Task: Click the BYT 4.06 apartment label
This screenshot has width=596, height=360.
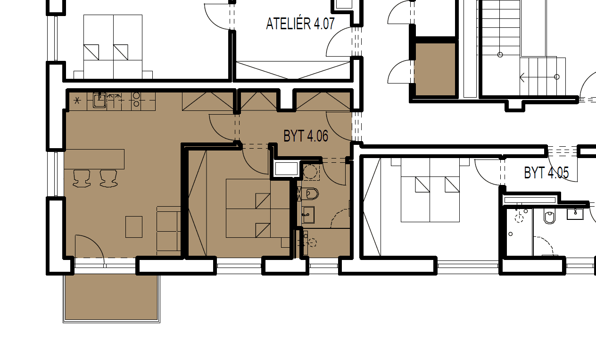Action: point(306,136)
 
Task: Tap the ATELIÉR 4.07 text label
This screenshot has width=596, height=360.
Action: point(300,24)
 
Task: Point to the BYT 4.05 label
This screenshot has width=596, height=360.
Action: point(546,173)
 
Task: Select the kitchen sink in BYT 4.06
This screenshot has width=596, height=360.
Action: point(99,100)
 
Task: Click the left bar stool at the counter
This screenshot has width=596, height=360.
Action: point(82,178)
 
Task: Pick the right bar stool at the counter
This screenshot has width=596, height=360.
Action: point(108,178)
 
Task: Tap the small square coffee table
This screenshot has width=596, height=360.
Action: point(134,226)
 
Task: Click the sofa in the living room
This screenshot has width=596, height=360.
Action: point(168,228)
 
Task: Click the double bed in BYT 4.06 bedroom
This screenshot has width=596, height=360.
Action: point(248,208)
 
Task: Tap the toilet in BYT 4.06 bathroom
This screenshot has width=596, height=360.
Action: point(310,193)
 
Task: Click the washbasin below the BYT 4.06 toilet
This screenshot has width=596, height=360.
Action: point(308,215)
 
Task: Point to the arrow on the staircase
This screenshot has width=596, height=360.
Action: point(522,77)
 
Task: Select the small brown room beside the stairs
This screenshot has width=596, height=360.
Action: point(435,68)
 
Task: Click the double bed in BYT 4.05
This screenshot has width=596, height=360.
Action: point(430,193)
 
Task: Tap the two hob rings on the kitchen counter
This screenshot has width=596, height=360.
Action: point(136,99)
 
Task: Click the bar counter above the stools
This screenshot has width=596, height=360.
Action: point(94,159)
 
